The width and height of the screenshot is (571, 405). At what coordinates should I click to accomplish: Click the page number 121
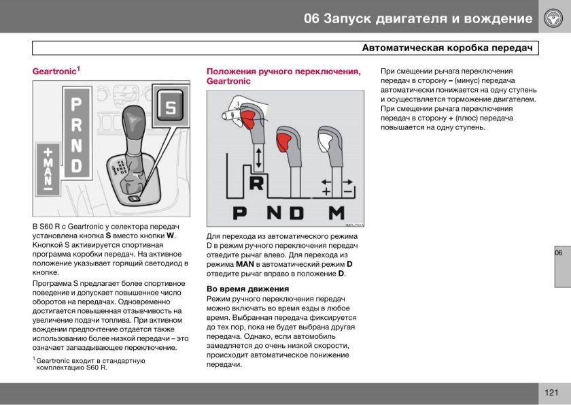tap(551, 393)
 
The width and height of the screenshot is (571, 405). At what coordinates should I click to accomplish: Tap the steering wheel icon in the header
tap(551, 18)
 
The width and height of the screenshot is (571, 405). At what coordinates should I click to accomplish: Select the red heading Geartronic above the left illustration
tap(55, 71)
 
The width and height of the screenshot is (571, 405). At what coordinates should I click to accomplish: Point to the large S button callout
tap(171, 108)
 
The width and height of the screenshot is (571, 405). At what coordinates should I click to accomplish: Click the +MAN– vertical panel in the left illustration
tap(48, 169)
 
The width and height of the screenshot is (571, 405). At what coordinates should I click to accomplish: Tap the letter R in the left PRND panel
tap(77, 125)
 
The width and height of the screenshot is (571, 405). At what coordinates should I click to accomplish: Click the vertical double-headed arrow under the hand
tap(258, 158)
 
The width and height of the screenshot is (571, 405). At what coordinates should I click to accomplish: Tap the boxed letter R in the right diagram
tap(258, 184)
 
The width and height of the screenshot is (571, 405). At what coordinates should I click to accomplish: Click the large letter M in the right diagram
tap(336, 213)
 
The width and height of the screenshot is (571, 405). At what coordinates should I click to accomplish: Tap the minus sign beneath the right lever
tap(347, 192)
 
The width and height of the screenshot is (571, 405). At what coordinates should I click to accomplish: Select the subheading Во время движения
tap(247, 289)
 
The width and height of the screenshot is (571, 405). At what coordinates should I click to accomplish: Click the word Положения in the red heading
tap(232, 71)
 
